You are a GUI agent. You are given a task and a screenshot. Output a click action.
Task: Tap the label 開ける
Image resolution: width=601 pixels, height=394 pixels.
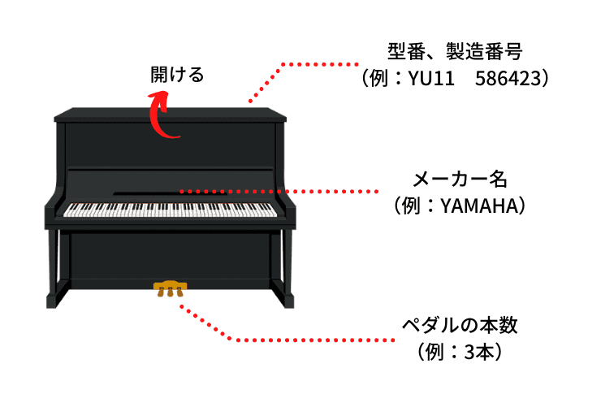177,75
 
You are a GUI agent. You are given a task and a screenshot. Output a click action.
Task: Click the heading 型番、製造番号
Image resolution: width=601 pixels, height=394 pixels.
455,51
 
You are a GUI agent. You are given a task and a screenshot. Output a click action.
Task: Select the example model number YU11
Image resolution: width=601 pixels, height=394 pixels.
430,78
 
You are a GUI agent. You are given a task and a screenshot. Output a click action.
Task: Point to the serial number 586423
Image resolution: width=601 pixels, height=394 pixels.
508,78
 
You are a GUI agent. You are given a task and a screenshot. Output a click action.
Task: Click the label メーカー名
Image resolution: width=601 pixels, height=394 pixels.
460,180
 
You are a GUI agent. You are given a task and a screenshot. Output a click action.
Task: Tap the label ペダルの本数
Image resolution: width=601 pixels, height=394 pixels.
460,326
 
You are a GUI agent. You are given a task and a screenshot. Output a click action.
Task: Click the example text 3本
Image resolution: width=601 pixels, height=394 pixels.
478,353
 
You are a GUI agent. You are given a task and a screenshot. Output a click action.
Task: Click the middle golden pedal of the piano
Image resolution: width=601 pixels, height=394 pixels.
171,292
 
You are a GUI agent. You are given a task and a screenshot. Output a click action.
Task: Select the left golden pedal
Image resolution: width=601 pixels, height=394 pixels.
162,292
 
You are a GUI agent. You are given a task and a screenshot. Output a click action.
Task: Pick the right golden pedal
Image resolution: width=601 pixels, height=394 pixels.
179,292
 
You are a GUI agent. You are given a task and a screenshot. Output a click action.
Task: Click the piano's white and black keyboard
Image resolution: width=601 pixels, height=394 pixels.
170,210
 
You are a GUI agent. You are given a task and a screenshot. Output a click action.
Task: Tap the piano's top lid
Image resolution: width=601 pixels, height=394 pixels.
171,115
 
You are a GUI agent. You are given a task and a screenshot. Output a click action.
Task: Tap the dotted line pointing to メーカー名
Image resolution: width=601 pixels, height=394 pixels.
279,191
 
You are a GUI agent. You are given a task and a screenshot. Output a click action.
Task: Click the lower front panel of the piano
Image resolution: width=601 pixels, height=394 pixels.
171,256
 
